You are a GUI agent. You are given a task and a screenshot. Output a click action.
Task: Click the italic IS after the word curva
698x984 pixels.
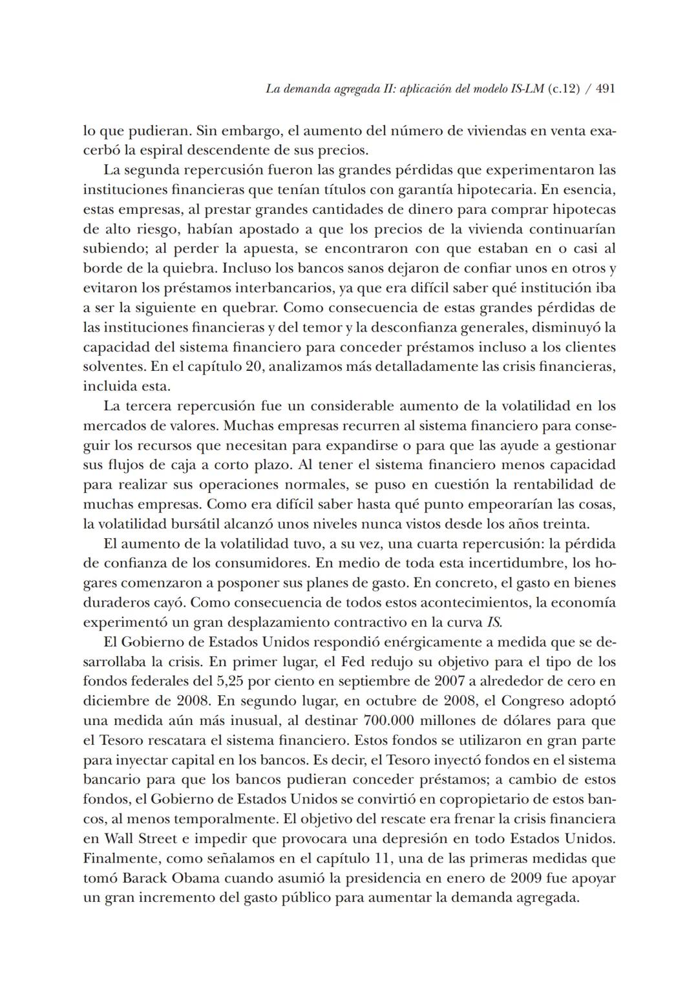pos(494,623)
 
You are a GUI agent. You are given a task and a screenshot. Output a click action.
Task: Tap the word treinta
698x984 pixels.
pos(566,524)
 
